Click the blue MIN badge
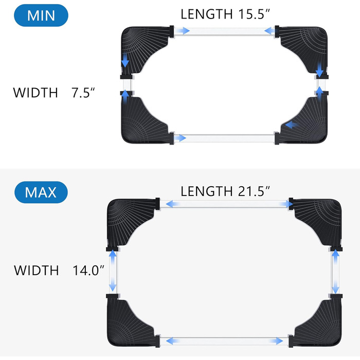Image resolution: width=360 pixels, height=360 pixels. pyautogui.click(x=41, y=15)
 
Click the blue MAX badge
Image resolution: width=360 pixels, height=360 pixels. pyautogui.click(x=41, y=192)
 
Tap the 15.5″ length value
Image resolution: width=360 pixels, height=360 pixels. pyautogui.click(x=254, y=14)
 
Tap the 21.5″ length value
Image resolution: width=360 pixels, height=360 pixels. pyautogui.click(x=254, y=191)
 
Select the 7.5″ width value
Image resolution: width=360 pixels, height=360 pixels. pyautogui.click(x=83, y=93)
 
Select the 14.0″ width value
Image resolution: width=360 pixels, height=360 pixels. pyautogui.click(x=88, y=270)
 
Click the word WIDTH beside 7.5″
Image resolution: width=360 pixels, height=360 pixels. pyautogui.click(x=35, y=93)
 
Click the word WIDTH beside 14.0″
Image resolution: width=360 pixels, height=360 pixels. pyautogui.click(x=37, y=270)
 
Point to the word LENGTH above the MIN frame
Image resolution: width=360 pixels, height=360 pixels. pyautogui.click(x=207, y=14)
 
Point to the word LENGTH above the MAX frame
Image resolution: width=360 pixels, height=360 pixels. pyautogui.click(x=207, y=191)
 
